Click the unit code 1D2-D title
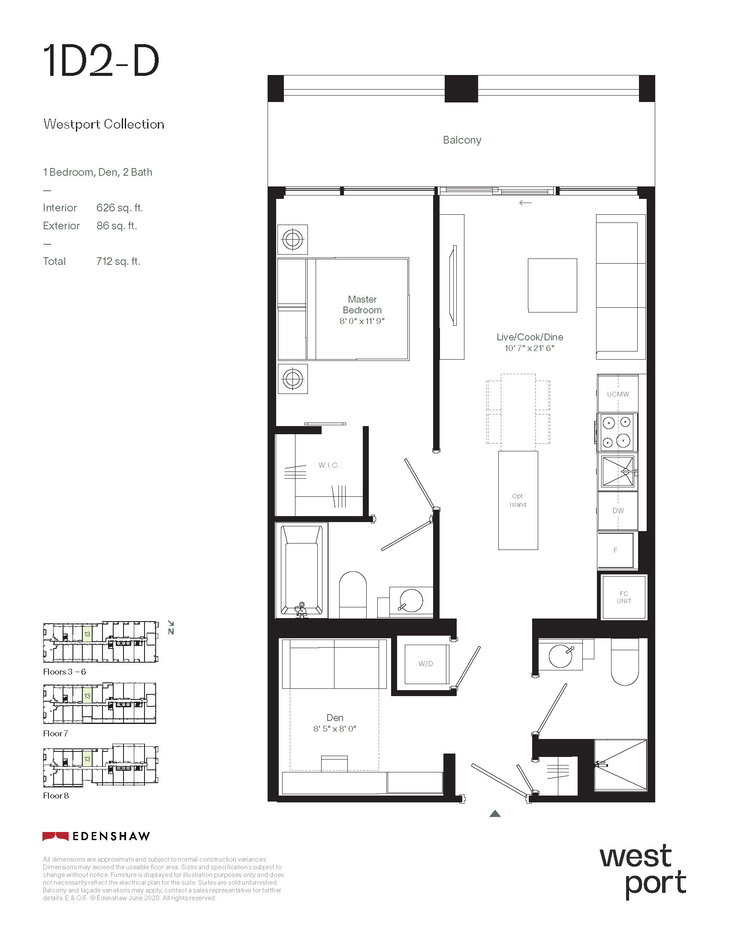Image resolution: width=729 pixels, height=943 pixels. [x=102, y=61]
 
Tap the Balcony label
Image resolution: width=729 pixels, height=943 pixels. [x=462, y=140]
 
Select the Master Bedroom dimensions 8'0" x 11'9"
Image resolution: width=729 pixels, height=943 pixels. [x=362, y=321]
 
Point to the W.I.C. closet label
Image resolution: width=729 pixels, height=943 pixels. [x=328, y=465]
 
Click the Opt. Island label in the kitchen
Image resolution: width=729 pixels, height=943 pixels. [x=518, y=500]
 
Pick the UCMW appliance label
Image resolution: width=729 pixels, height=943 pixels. [x=618, y=394]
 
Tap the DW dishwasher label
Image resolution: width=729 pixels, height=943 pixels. [x=618, y=511]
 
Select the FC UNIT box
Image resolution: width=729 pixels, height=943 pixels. [x=624, y=597]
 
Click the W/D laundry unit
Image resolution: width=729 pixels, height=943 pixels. [x=426, y=664]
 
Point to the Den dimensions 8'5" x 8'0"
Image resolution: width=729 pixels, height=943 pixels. [x=335, y=729]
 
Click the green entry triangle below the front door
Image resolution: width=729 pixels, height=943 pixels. [x=495, y=814]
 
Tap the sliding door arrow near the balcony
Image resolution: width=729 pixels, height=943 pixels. [x=525, y=202]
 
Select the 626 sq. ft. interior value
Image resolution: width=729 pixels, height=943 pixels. [x=120, y=208]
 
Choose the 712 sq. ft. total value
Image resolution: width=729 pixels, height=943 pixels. [x=118, y=261]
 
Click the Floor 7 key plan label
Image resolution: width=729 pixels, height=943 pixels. [x=55, y=733]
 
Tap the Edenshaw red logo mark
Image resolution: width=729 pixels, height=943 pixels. [x=55, y=836]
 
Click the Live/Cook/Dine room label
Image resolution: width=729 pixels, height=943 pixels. [x=530, y=337]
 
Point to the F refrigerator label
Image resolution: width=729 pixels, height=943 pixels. [x=615, y=550]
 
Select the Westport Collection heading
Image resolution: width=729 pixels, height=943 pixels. [x=104, y=124]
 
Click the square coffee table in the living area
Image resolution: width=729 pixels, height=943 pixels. [x=552, y=285]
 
